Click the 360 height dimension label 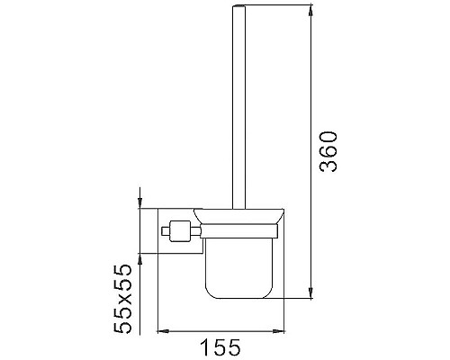[328, 151]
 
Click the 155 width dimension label [220, 347]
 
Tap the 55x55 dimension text [122, 299]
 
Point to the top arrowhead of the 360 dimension [311, 11]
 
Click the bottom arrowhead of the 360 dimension [311, 292]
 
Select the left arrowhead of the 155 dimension [164, 331]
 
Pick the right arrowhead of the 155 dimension [278, 331]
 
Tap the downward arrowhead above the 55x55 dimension [139, 202]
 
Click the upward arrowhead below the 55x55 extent [139, 259]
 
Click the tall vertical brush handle [238, 107]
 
